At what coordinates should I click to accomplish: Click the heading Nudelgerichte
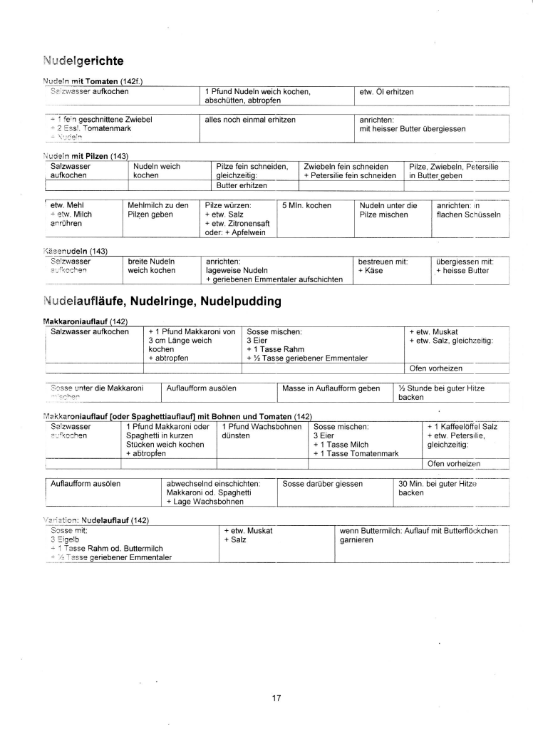[x=83, y=61]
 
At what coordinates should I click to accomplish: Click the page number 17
[x=276, y=698]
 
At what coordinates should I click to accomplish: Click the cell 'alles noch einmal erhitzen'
[x=250, y=119]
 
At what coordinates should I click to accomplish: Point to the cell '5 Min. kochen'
[x=307, y=205]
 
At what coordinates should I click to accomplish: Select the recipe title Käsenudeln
[x=75, y=251]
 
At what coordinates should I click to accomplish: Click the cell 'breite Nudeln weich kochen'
[x=152, y=266]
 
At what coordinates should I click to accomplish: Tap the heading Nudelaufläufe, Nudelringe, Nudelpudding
[x=162, y=301]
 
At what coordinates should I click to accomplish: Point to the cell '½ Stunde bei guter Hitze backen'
[x=436, y=393]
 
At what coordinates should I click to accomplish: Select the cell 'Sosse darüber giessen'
[x=323, y=483]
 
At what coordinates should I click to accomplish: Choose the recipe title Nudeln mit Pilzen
[x=81, y=156]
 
